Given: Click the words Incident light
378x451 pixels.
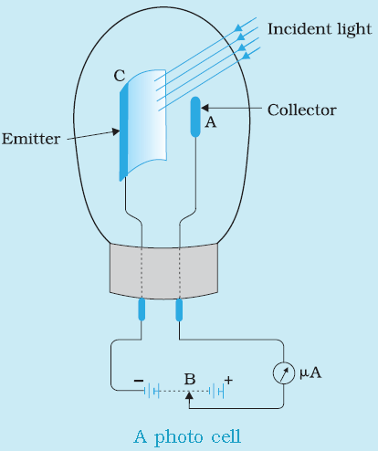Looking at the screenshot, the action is tap(320, 29).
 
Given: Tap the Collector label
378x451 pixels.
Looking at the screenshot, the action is tap(302, 110).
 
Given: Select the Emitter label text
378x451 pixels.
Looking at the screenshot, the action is tap(31, 139).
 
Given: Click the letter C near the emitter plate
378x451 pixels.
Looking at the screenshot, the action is tap(120, 76).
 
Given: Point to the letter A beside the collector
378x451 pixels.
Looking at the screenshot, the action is tap(211, 122).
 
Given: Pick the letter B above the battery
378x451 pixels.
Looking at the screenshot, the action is tap(190, 379).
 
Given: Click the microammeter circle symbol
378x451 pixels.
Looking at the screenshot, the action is tap(284, 372).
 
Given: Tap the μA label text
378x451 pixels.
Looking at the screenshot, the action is tap(310, 373).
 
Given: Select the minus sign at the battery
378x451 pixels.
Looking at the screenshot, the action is tap(139, 381).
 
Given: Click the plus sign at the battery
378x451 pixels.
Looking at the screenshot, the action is tap(228, 380).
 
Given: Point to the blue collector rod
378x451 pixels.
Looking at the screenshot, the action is tap(195, 117).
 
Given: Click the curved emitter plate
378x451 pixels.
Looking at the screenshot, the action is tap(143, 125).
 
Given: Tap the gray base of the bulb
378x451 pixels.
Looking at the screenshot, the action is tap(163, 271).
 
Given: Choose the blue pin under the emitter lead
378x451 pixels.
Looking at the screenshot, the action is tap(142, 309).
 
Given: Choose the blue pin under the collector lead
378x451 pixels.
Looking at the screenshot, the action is tap(179, 309).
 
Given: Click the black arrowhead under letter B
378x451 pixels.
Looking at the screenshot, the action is tap(189, 395).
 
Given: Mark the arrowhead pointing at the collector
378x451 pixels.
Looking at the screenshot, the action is tap(205, 108).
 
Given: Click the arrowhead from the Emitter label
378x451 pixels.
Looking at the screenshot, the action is tap(115, 131).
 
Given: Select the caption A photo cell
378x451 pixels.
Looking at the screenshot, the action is tap(187, 437).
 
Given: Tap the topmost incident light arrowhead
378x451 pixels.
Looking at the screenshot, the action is tap(239, 27).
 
